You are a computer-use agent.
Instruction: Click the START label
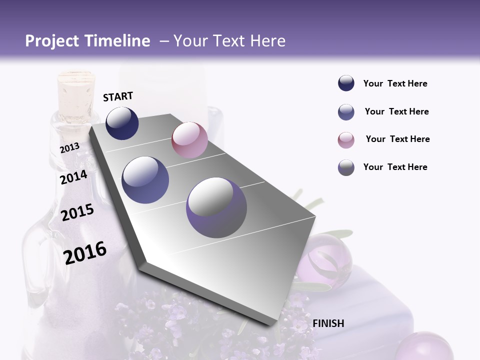point(118,96)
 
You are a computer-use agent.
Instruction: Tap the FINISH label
point(328,323)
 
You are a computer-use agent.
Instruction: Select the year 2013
point(69,147)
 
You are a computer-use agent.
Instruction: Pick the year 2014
point(73,177)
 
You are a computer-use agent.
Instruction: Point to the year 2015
point(77,212)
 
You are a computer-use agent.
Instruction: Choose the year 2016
point(85,252)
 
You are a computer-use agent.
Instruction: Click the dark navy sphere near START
point(122,123)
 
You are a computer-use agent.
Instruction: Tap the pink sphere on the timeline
point(189,140)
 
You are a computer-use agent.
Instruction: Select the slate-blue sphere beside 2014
point(145,179)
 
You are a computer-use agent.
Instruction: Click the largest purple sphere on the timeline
point(216,207)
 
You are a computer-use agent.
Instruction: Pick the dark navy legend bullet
point(346,83)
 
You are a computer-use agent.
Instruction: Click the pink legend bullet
point(346,139)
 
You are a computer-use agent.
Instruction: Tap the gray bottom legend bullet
point(346,167)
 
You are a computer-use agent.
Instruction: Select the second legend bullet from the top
point(346,112)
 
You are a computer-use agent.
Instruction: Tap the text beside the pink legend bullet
point(397,139)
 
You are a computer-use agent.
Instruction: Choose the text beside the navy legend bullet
point(395,83)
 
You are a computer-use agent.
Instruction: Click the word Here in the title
point(267,41)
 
